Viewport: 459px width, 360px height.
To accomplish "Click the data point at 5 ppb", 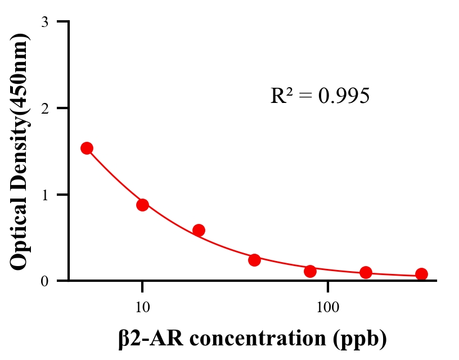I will pyautogui.click(x=87, y=148).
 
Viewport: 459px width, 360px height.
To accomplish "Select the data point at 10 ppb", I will pyautogui.click(x=142, y=205).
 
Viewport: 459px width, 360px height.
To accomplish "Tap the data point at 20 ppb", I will pyautogui.click(x=199, y=230).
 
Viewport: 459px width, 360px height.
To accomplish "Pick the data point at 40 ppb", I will pyautogui.click(x=254, y=260).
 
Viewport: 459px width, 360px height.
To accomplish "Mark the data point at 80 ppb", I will pyautogui.click(x=310, y=271).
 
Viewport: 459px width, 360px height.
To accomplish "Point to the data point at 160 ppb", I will pyautogui.click(x=366, y=273).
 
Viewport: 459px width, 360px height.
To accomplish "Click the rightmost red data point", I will pyautogui.click(x=421, y=274).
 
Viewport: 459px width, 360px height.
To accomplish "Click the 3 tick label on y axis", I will pyautogui.click(x=44, y=22).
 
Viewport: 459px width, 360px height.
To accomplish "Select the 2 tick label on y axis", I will pyautogui.click(x=44, y=108).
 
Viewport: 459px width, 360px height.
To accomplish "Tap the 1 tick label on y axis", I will pyautogui.click(x=44, y=195).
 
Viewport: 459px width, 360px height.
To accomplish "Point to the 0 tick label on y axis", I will pyautogui.click(x=44, y=281).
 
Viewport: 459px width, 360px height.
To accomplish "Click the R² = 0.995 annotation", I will pyautogui.click(x=319, y=96).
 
